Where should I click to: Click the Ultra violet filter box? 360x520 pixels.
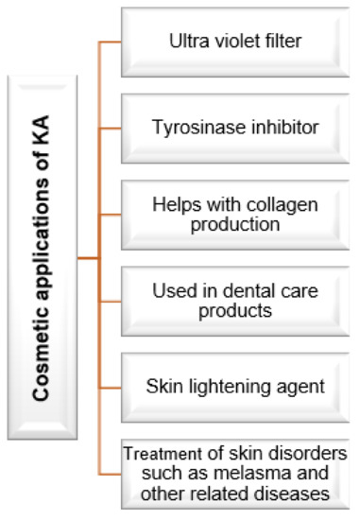click(233, 42)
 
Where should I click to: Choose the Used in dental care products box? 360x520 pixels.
click(233, 300)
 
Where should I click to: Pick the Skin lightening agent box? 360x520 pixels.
click(233, 385)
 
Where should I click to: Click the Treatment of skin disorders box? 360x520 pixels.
click(234, 473)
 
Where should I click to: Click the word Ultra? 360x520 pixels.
click(186, 42)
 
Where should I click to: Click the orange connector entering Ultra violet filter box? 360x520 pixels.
click(111, 43)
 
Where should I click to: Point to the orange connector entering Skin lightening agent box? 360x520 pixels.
click(111, 387)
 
